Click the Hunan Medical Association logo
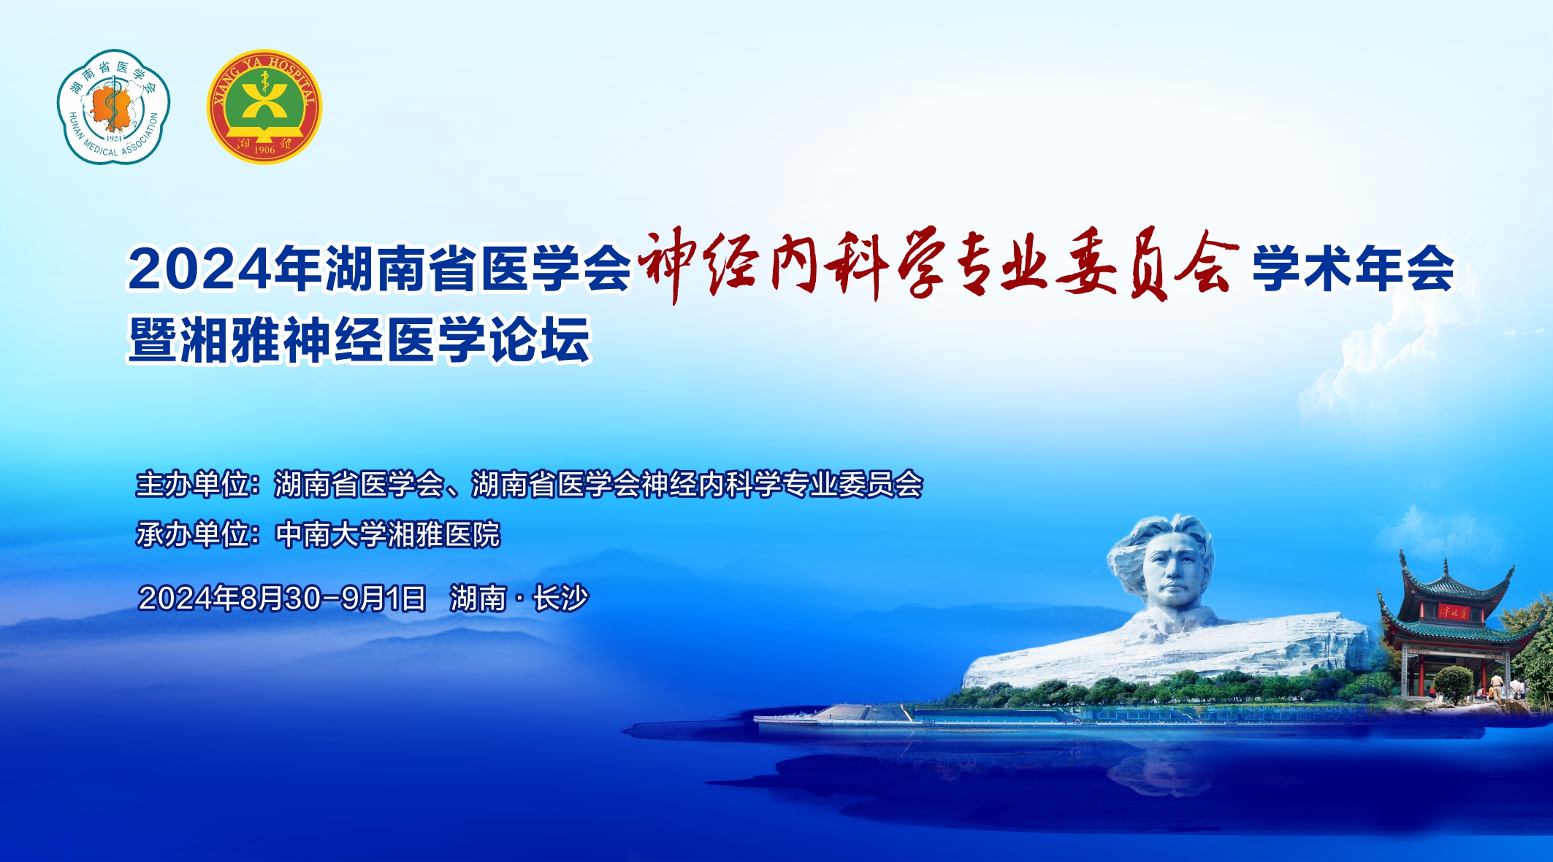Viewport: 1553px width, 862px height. click(114, 107)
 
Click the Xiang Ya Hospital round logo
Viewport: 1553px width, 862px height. click(264, 107)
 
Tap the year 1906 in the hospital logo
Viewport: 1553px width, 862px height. click(264, 150)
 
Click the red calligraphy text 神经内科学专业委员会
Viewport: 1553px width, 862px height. click(938, 264)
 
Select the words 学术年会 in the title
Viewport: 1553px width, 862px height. click(1353, 269)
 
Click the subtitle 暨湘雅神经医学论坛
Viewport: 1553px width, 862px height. click(359, 339)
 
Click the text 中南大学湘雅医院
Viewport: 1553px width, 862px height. click(388, 534)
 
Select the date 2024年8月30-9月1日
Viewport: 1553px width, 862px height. click(282, 599)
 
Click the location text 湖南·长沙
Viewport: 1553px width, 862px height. click(519, 599)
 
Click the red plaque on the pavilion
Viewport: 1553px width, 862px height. click(1454, 611)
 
